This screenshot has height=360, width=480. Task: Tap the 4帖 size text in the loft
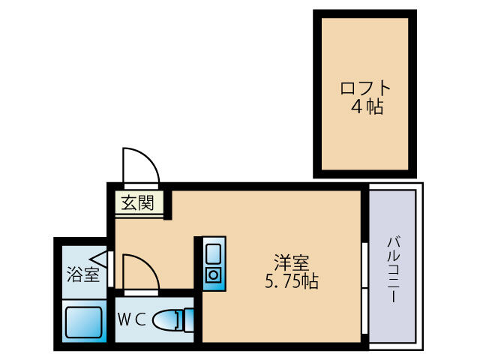pos(366,107)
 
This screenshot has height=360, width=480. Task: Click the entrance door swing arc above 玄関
pos(141,165)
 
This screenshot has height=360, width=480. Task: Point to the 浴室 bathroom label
pos(82,274)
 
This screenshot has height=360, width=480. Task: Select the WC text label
pos(131,318)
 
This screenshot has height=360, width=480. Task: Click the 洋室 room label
pos(291,264)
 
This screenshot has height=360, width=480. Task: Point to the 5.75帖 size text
pos(291,283)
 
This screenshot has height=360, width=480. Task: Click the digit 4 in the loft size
pos(357,107)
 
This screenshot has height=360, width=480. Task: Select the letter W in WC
pos(124,318)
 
